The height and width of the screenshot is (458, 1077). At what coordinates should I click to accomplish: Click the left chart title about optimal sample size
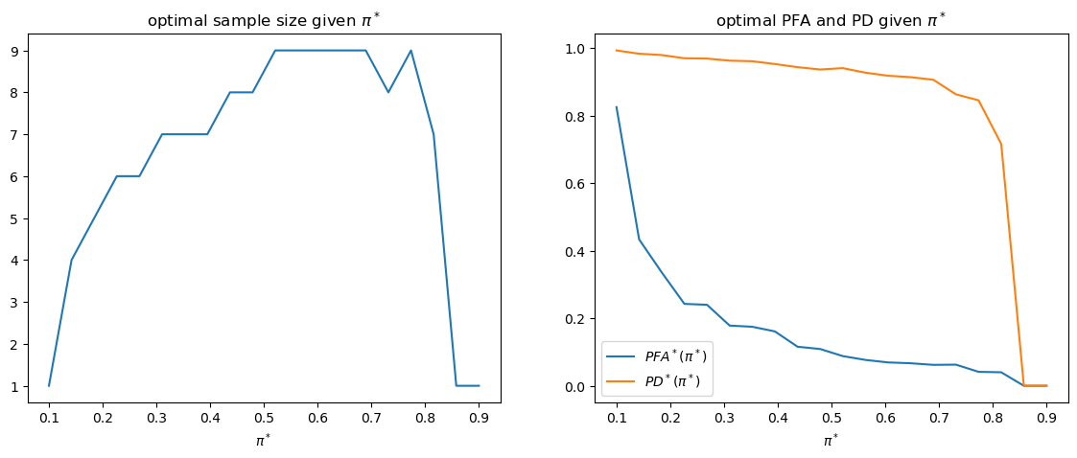coord(264,21)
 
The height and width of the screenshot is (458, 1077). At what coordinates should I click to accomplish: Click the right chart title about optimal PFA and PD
coord(831,21)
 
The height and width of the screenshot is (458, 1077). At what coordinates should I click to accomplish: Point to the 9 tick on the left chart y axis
coord(17,50)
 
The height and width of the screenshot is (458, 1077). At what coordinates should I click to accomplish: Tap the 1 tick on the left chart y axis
coord(17,386)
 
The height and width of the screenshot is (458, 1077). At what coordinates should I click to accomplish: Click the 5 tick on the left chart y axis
coord(17,218)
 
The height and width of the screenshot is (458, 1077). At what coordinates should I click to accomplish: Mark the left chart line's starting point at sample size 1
coord(49,386)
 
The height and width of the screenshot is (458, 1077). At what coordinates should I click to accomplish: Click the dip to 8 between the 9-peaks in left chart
coord(387,92)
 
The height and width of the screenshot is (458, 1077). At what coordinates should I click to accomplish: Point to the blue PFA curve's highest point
coord(617,107)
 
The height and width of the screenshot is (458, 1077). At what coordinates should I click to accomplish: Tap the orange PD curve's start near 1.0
coord(617,50)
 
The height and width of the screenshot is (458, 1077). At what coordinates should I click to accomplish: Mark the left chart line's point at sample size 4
coord(72,260)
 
